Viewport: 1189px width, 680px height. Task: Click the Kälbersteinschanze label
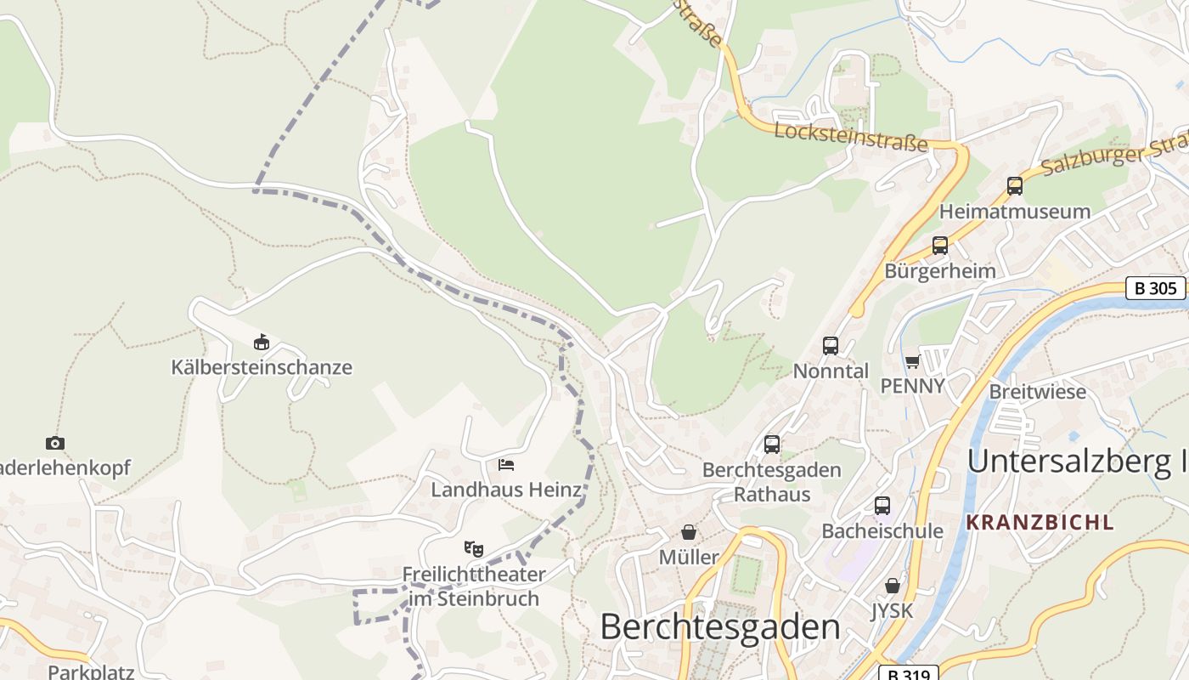(x=262, y=368)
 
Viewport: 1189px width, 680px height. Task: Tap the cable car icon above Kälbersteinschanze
(x=262, y=343)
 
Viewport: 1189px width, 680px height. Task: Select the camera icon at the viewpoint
(x=55, y=443)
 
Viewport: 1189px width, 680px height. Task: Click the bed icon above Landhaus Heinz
(x=506, y=465)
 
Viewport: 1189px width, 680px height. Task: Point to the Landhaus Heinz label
(x=506, y=490)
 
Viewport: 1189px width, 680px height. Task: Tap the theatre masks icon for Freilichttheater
(x=473, y=548)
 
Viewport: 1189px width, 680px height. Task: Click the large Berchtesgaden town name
(x=720, y=627)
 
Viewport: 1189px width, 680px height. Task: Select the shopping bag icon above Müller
(x=689, y=532)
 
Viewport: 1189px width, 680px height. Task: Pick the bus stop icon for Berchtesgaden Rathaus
(x=772, y=444)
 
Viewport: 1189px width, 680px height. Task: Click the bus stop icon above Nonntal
(x=831, y=346)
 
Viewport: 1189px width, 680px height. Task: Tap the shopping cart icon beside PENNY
(x=912, y=362)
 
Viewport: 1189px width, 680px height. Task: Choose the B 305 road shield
(x=1156, y=288)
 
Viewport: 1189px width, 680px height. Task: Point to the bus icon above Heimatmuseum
(x=1014, y=186)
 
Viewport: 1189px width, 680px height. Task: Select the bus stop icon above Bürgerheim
(x=940, y=246)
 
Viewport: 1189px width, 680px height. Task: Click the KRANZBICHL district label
(x=1040, y=523)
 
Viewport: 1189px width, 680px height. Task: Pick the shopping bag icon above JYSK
(x=892, y=586)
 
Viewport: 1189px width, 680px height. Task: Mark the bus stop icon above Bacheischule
(x=882, y=506)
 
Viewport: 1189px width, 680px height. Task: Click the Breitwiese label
(x=1038, y=392)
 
